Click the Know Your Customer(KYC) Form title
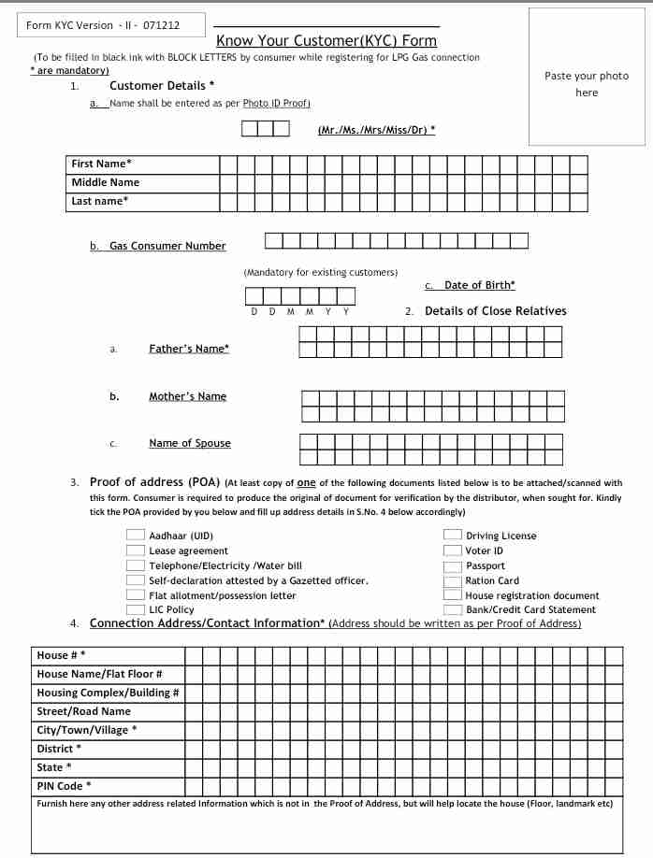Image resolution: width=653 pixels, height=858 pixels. [x=326, y=40]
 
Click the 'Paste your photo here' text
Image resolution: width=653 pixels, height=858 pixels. [x=587, y=84]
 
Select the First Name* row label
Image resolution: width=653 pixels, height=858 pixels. [x=101, y=164]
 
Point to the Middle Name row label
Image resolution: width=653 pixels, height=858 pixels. [x=105, y=182]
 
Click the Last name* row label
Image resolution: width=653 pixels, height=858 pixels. [x=99, y=201]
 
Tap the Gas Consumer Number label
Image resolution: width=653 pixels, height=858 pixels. [x=167, y=246]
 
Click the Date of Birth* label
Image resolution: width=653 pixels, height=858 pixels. [x=479, y=285]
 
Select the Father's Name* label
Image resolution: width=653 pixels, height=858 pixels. [x=189, y=349]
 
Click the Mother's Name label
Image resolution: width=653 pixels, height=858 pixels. [x=187, y=396]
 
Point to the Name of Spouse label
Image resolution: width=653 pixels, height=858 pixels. [x=189, y=443]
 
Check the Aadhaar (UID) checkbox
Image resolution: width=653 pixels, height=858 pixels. [x=135, y=536]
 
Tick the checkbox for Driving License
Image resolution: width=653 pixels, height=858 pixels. [x=452, y=536]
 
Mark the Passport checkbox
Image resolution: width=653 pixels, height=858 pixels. [x=452, y=565]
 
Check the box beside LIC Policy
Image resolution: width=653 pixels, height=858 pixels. [x=135, y=609]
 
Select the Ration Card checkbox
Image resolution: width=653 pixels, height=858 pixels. [x=452, y=580]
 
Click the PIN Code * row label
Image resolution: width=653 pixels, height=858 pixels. [x=64, y=786]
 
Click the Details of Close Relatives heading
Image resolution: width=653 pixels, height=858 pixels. [x=495, y=311]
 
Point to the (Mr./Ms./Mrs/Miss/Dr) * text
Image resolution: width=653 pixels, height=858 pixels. [x=376, y=130]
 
